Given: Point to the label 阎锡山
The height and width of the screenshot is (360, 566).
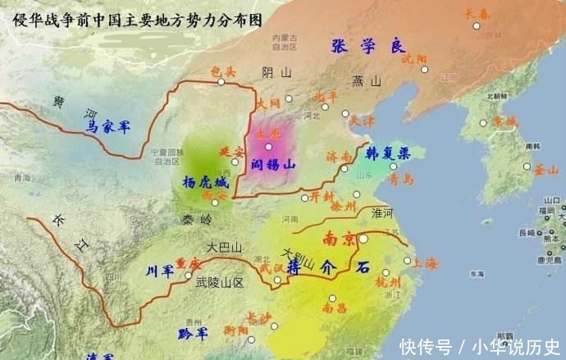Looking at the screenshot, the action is click(272, 162).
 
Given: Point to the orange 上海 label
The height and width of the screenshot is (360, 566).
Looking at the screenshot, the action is click(426, 263).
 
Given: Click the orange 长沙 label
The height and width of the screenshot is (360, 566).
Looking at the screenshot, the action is click(258, 317).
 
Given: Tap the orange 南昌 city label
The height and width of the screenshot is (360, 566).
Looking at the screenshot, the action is click(334, 308).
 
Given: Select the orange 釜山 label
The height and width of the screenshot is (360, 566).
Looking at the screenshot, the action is click(545, 170).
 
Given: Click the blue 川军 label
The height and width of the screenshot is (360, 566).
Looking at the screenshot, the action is click(159, 271).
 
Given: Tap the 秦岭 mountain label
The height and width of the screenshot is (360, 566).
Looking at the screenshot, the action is click(196, 220).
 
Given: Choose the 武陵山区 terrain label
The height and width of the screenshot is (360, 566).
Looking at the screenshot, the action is click(220, 281).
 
